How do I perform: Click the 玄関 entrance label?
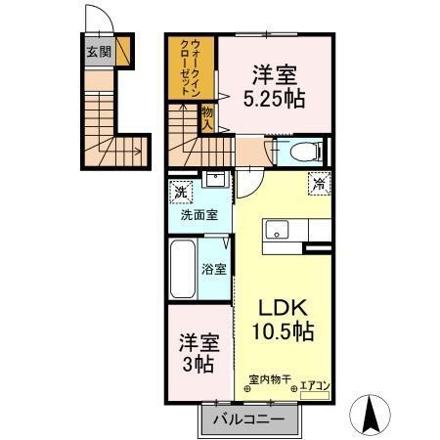[x=98, y=52]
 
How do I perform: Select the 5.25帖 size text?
[x=273, y=99]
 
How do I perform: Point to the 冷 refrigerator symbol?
[x=318, y=182]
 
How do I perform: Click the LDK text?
[x=279, y=305]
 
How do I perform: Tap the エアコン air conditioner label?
[x=314, y=384]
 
